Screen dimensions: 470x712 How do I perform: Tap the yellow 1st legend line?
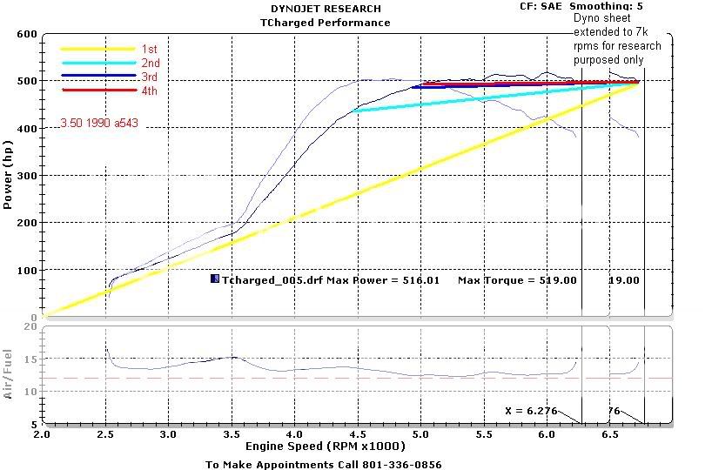(97, 49)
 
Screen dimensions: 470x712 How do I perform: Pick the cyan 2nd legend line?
(97, 63)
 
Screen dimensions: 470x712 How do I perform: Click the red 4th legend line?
(97, 91)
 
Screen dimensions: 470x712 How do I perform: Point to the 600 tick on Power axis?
(26, 34)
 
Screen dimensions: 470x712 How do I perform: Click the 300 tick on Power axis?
(26, 176)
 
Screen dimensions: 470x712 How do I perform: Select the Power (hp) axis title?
(8, 179)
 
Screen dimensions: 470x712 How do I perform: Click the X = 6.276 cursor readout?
(527, 410)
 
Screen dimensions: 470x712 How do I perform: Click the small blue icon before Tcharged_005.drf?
(214, 279)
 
